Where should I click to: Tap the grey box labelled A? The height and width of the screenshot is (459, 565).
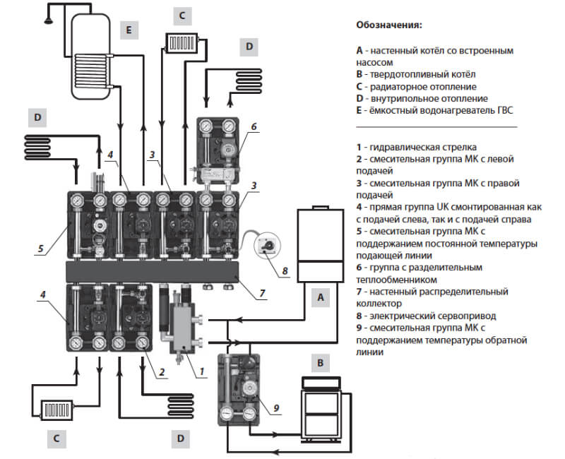(x=321, y=299)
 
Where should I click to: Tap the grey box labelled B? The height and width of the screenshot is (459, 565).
(x=321, y=364)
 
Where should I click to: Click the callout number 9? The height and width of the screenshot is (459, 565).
(x=277, y=407)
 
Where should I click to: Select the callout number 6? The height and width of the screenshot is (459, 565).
(x=253, y=128)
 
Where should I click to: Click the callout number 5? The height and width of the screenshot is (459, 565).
(x=42, y=248)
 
